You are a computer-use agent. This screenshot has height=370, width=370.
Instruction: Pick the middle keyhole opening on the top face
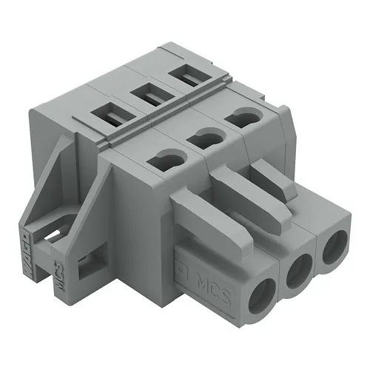[205, 138]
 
